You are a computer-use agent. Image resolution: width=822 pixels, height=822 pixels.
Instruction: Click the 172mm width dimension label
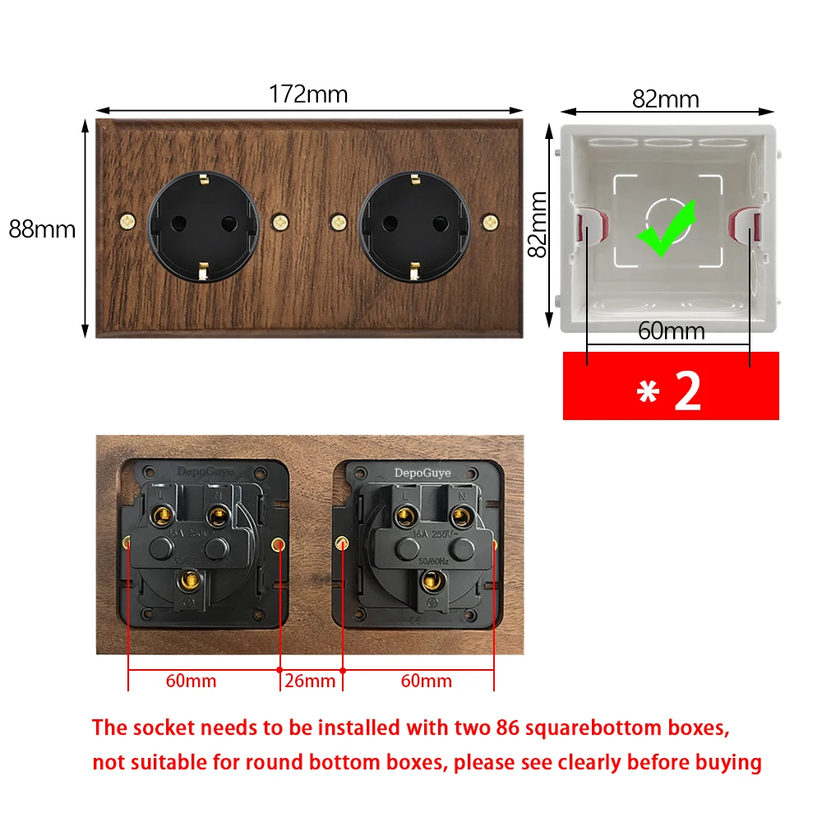(x=308, y=95)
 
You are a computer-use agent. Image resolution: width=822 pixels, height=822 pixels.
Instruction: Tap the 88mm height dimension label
(x=42, y=229)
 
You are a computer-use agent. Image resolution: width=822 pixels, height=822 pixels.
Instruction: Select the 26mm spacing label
(x=310, y=681)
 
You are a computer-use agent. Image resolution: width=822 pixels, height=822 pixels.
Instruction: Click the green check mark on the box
(x=667, y=228)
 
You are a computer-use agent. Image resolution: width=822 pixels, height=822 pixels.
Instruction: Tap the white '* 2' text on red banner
(x=670, y=392)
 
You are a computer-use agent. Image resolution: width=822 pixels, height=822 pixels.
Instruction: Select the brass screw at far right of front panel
(x=491, y=222)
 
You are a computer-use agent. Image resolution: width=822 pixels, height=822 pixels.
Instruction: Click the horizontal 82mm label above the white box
(x=665, y=99)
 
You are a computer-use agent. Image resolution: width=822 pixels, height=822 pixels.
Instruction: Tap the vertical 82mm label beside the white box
(x=538, y=224)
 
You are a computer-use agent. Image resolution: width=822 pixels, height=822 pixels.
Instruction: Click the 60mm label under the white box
(x=672, y=331)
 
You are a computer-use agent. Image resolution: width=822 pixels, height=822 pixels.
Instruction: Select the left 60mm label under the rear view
(x=192, y=681)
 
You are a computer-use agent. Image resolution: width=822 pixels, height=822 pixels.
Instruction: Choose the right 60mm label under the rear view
(x=427, y=681)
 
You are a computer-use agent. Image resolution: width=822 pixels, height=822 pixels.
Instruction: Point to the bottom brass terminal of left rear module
(x=190, y=579)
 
